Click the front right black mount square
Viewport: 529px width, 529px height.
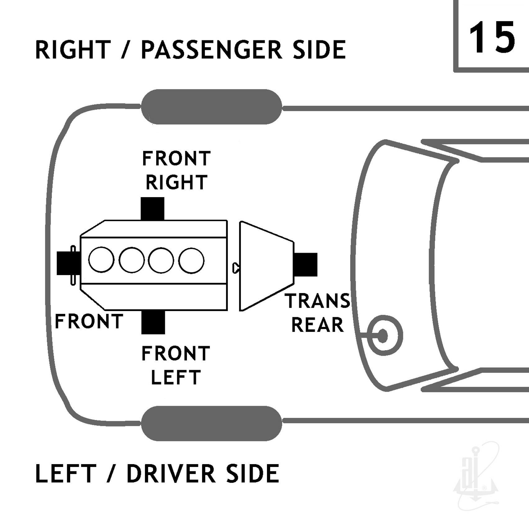coord(152,208)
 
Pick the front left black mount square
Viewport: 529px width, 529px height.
coord(153,322)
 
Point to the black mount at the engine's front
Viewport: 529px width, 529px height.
coord(65,263)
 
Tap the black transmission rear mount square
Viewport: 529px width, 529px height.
coord(305,264)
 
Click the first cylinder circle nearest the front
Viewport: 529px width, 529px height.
coord(101,260)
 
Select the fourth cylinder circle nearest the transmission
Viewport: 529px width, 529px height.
coord(191,260)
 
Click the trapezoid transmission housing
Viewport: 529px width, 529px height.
coord(266,266)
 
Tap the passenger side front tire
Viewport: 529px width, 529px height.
coord(212,107)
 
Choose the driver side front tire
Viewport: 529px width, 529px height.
coord(212,423)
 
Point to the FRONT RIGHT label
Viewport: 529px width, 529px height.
coord(176,170)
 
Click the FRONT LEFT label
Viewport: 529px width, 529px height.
coord(176,365)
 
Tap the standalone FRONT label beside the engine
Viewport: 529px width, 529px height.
coord(89,321)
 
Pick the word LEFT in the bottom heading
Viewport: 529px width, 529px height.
coord(66,474)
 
